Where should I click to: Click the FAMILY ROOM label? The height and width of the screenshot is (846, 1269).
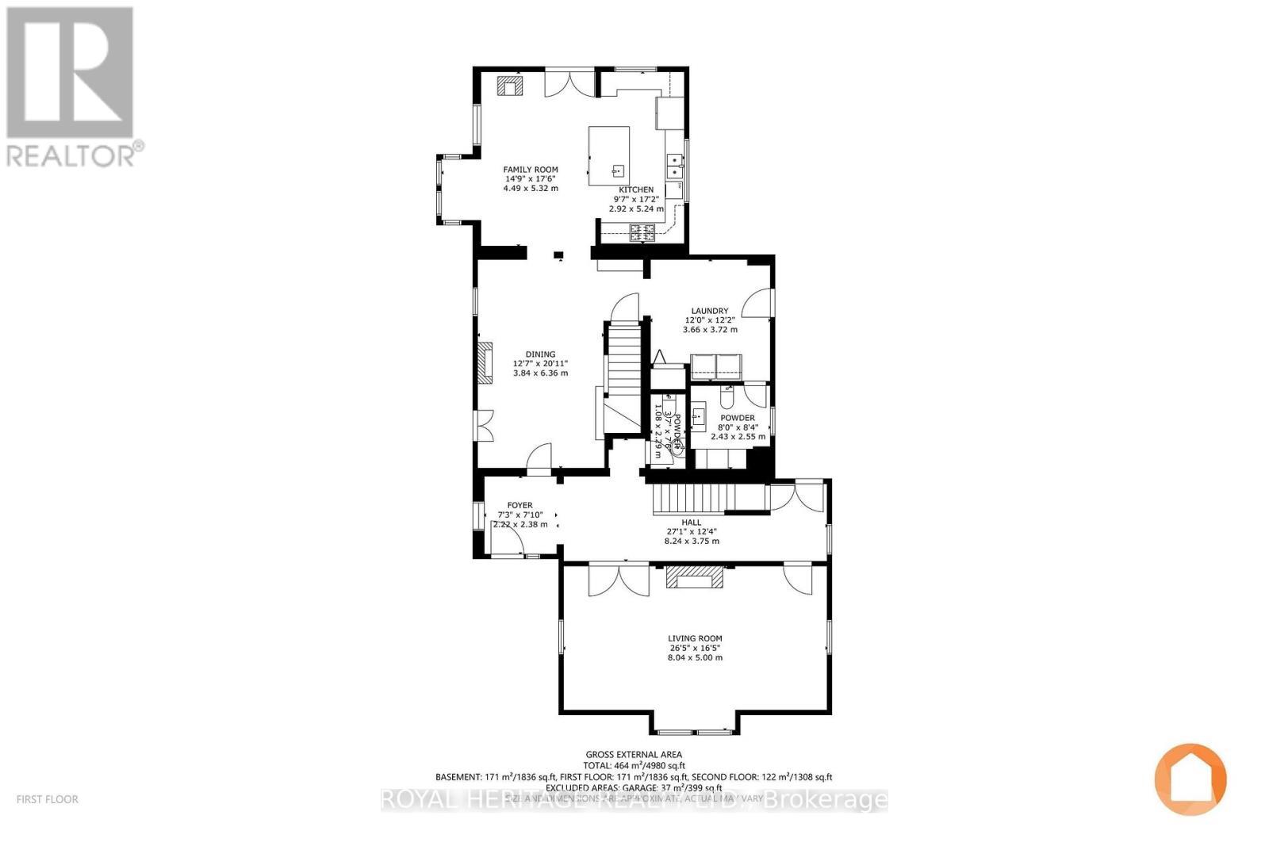pyautogui.click(x=531, y=169)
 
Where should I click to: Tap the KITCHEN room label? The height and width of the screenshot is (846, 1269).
pyautogui.click(x=636, y=189)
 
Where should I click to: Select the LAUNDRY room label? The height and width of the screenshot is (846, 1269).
pyautogui.click(x=709, y=311)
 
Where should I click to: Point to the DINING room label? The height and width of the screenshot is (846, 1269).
pyautogui.click(x=540, y=354)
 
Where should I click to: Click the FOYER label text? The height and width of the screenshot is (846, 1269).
pyautogui.click(x=519, y=505)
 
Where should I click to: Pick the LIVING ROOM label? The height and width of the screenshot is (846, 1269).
pyautogui.click(x=695, y=638)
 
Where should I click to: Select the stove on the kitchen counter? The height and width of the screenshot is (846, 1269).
pyautogui.click(x=642, y=232)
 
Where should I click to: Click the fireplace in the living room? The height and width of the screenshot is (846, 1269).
pyautogui.click(x=695, y=578)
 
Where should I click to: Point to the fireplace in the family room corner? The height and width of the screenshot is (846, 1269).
pyautogui.click(x=508, y=85)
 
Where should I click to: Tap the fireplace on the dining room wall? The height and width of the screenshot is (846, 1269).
pyautogui.click(x=484, y=363)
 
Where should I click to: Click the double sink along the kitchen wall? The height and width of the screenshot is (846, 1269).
pyautogui.click(x=676, y=166)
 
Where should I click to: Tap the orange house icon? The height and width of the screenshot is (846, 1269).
pyautogui.click(x=1190, y=779)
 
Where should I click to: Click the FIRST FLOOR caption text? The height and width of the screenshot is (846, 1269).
pyautogui.click(x=48, y=799)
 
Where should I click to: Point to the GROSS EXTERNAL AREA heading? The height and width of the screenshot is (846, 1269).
pyautogui.click(x=634, y=755)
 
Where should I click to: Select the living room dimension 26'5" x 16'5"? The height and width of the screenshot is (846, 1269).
pyautogui.click(x=695, y=648)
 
